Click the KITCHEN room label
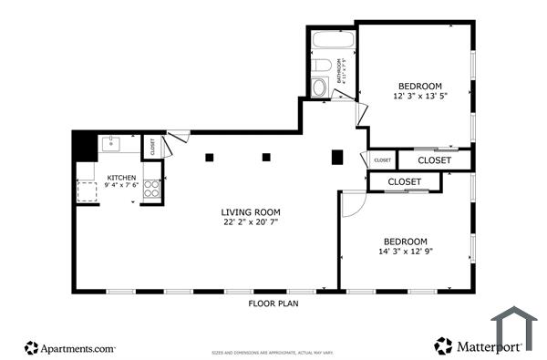pos(122,178)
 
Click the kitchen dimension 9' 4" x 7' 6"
pos(122,186)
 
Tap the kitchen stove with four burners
pos(152,190)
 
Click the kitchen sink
pos(110,143)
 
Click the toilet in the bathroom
pos(322,66)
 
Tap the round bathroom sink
pos(318,87)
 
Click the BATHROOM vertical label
pos(341,71)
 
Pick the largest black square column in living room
pos(336,157)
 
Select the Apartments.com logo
pos(70,347)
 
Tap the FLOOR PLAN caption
pos(273,303)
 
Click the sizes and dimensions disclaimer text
pos(273,351)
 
